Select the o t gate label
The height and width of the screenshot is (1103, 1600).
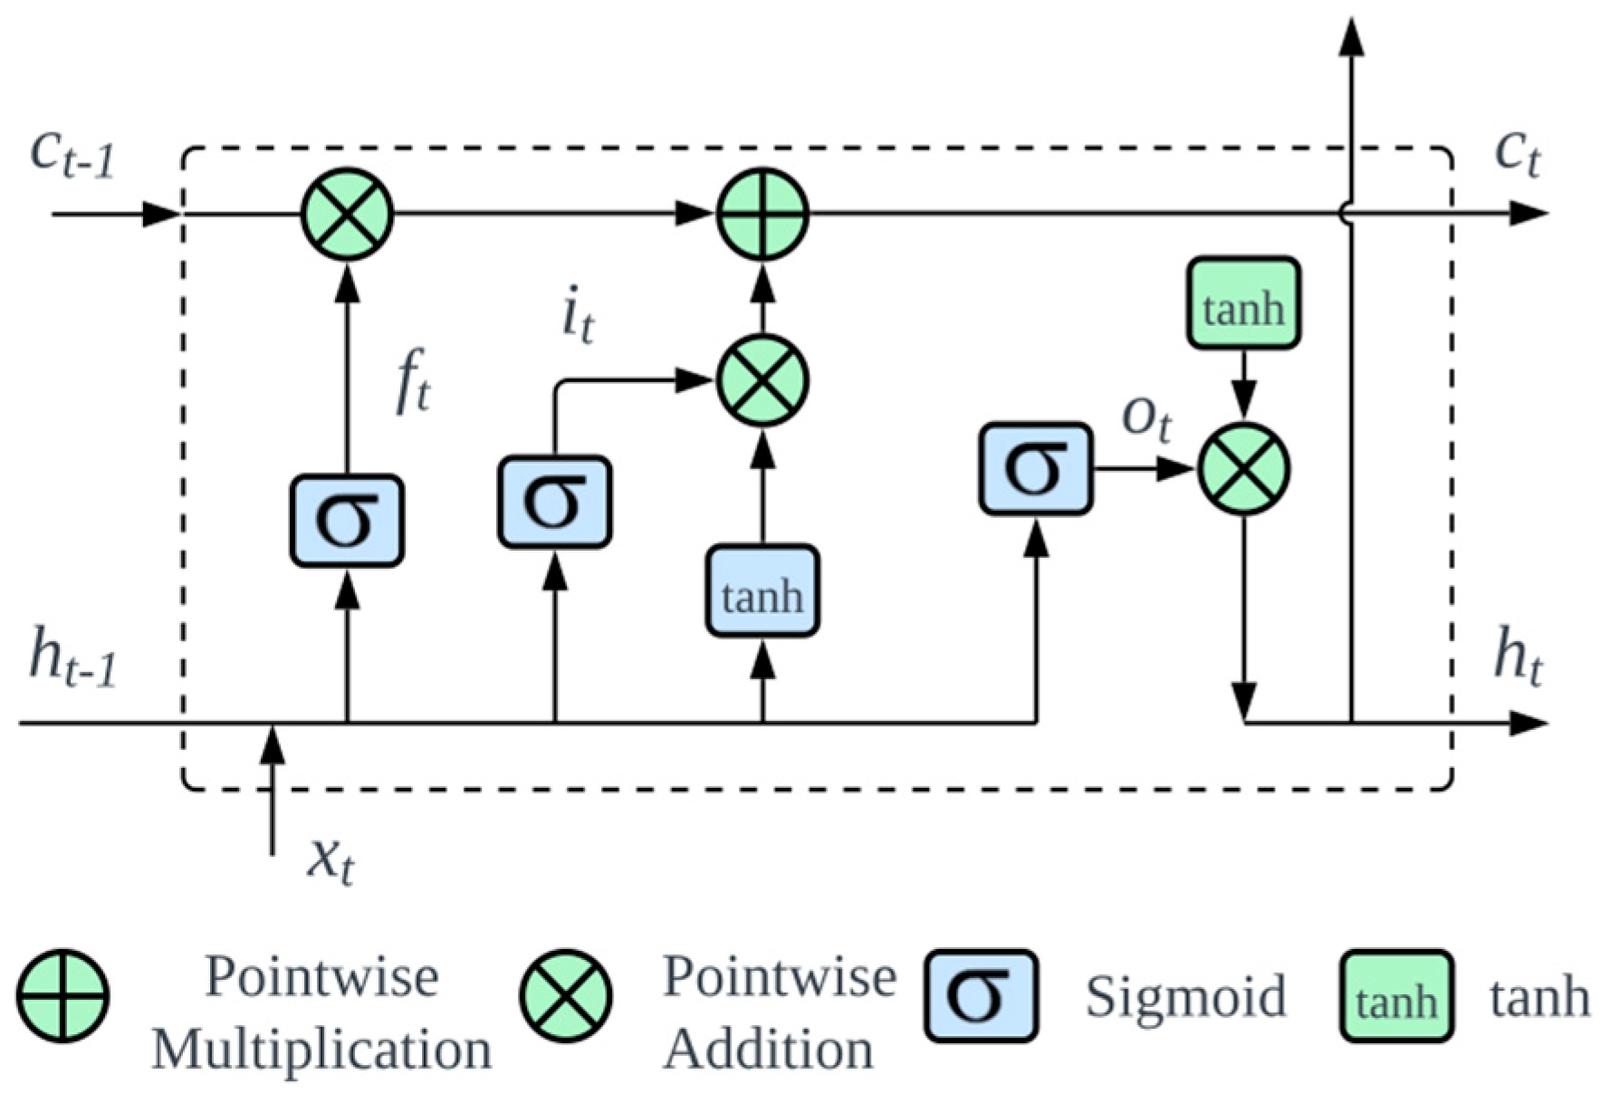(1146, 418)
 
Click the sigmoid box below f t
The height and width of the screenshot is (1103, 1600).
(347, 521)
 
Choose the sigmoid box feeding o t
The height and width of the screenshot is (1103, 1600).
(1036, 469)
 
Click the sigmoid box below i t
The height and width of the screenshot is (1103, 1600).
(555, 501)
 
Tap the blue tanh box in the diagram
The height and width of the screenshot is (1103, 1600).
(762, 591)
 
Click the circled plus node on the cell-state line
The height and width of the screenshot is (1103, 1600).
(762, 215)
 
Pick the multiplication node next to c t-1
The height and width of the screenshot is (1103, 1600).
(347, 215)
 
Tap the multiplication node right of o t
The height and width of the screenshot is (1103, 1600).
(1244, 469)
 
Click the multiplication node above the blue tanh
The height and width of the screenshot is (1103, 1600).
(762, 380)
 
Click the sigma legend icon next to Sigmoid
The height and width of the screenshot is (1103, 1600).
(981, 995)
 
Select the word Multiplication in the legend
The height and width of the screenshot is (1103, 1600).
(321, 1050)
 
